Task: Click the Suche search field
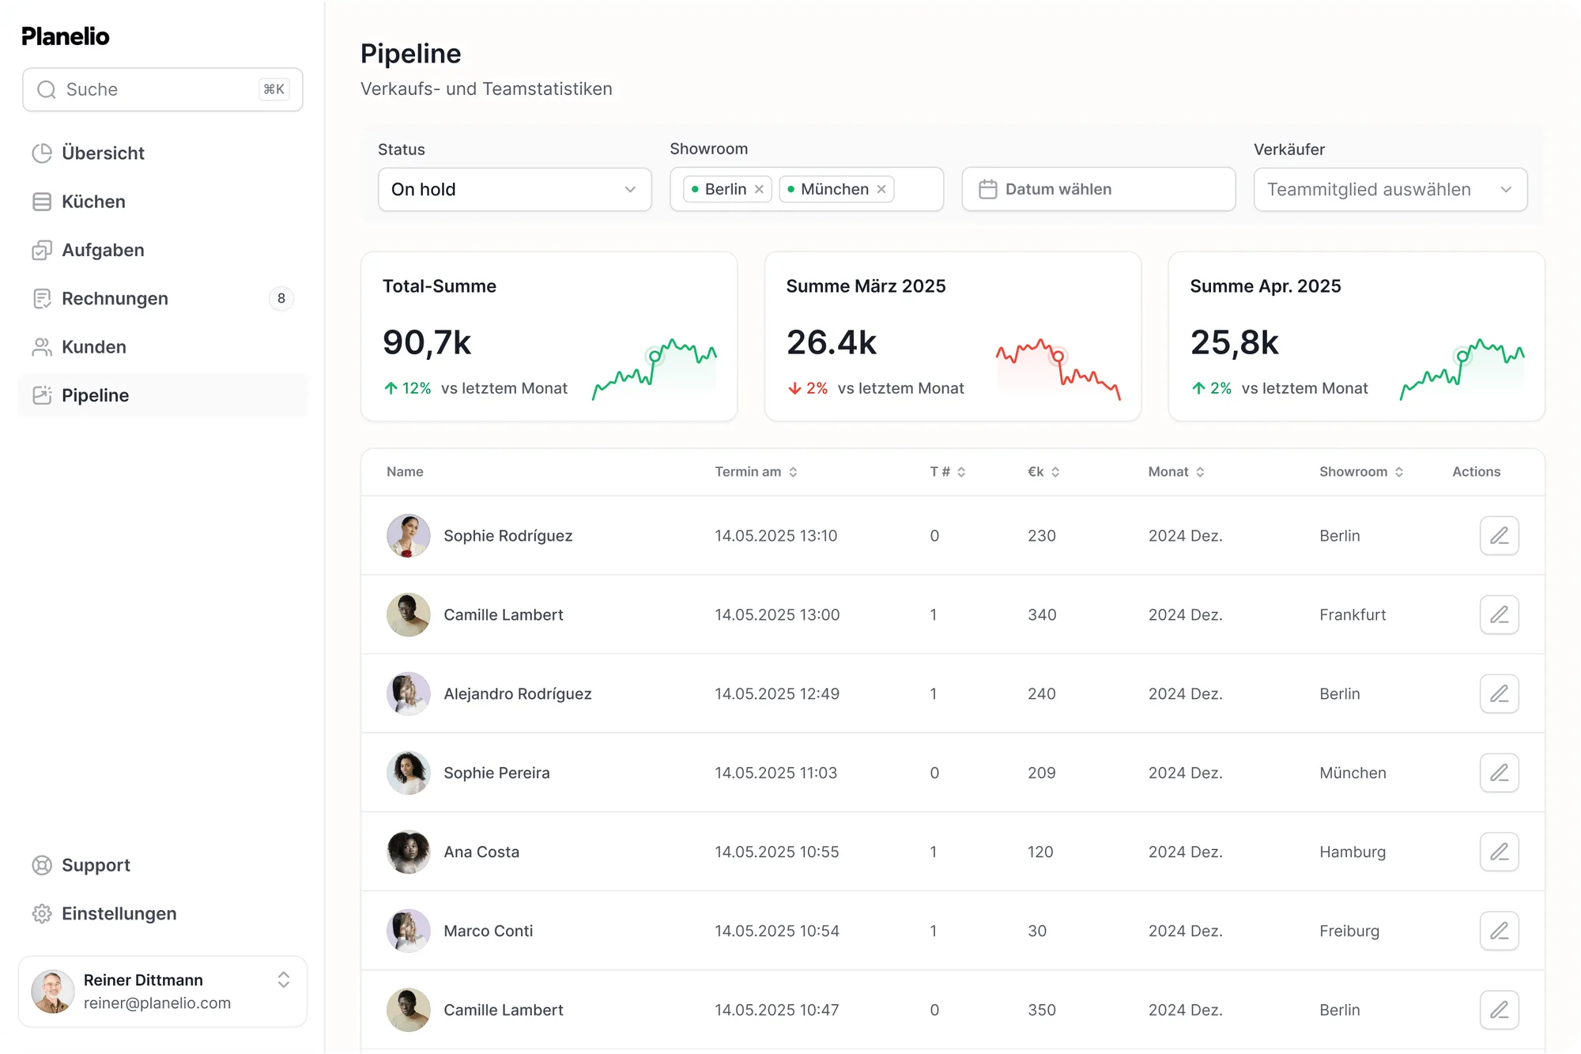pos(162,89)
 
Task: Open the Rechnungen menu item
pos(115,299)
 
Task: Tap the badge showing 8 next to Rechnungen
pos(281,299)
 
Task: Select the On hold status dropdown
pos(514,190)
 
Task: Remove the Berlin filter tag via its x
pos(759,190)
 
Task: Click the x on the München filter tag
pos(881,190)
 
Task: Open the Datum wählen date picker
pos(1098,190)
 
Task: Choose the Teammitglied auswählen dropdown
pos(1390,190)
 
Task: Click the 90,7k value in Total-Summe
pos(427,342)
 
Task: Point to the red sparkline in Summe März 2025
pos(1058,368)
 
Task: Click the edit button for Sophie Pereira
pos(1499,773)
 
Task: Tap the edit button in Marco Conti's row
pos(1499,931)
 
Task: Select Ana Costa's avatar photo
pos(409,852)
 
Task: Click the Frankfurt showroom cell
pos(1353,615)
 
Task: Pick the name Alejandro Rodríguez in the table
pos(517,694)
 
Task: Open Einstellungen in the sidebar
pos(119,914)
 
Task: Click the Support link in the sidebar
pos(96,865)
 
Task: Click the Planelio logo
pos(66,36)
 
